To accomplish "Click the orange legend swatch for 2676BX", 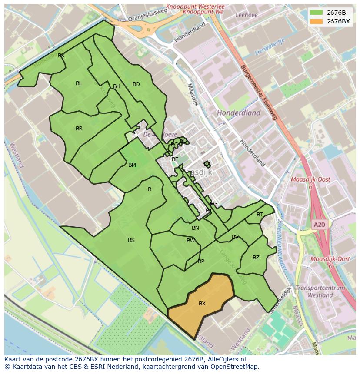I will [316, 21].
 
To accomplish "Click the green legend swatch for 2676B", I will [316, 12].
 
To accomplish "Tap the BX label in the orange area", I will [202, 304].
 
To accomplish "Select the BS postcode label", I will [131, 240].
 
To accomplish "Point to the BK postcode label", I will [61, 56].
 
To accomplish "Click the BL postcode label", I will [79, 83].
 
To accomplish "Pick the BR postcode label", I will [79, 129].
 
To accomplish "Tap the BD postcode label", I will [136, 84].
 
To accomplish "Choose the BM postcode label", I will [132, 165].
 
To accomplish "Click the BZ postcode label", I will [256, 258].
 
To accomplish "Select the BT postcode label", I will [260, 215].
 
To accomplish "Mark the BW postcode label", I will [190, 241].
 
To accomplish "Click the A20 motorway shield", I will [319, 225].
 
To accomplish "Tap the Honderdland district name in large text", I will [239, 113].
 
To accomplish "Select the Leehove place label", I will [247, 15].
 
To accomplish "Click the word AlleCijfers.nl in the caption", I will [226, 360].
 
